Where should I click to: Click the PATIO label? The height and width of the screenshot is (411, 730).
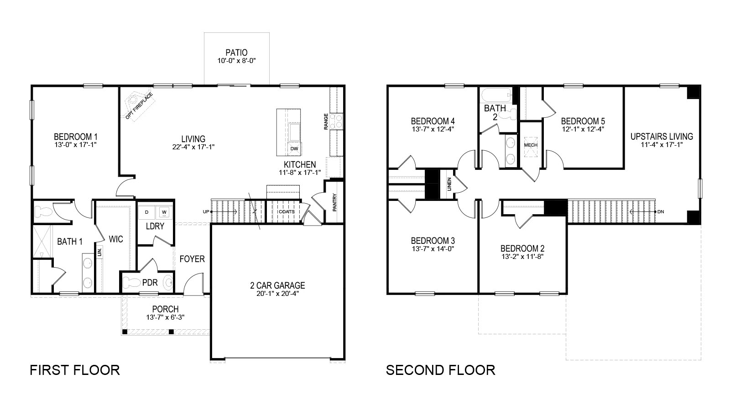(236, 53)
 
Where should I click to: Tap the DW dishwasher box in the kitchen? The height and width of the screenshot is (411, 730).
(294, 148)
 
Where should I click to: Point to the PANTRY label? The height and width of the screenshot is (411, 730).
(334, 203)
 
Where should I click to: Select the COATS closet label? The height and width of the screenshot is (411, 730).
(286, 212)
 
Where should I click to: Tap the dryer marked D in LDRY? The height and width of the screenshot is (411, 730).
(147, 212)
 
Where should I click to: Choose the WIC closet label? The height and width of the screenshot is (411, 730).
(115, 239)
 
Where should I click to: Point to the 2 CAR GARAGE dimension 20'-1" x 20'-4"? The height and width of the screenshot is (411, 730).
(277, 294)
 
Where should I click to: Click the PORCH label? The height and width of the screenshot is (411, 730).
(165, 309)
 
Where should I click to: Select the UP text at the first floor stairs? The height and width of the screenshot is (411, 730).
(206, 212)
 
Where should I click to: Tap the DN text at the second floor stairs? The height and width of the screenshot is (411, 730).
(661, 212)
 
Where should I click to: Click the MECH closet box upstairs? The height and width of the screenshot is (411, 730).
(531, 145)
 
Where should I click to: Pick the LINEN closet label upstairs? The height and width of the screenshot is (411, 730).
(449, 184)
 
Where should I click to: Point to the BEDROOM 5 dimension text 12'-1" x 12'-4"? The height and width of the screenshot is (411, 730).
(583, 129)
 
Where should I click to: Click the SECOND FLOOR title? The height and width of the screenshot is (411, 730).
(440, 369)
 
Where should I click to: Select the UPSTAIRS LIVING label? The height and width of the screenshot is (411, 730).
(662, 137)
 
